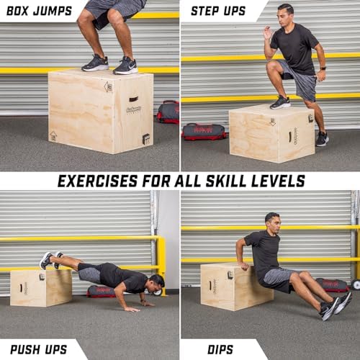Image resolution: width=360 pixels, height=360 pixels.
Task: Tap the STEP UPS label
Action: (x=218, y=11)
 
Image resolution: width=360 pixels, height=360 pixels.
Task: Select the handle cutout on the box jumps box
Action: (x=133, y=99)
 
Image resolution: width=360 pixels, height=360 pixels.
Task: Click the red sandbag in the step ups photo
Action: (x=204, y=131)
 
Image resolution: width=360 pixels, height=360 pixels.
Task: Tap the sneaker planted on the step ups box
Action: (x=280, y=102)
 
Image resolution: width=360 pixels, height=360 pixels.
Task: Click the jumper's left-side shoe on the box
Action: (x=95, y=63)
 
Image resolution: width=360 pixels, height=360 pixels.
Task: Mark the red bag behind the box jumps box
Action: (x=167, y=111)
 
